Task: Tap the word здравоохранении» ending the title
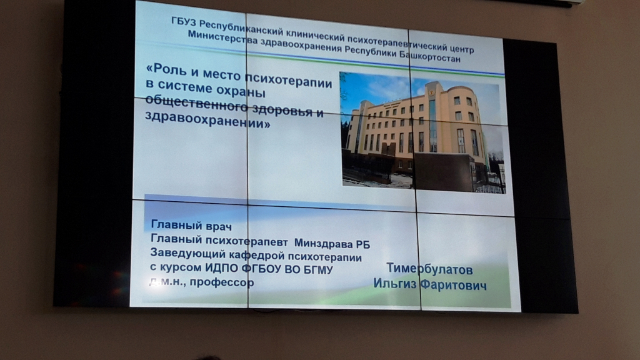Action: point(207,119)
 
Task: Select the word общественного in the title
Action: point(196,102)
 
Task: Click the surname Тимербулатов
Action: point(429,269)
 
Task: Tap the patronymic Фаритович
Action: point(458,284)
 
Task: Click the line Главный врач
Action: point(191,225)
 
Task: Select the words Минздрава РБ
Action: point(332,244)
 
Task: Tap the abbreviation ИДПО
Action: point(222,267)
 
